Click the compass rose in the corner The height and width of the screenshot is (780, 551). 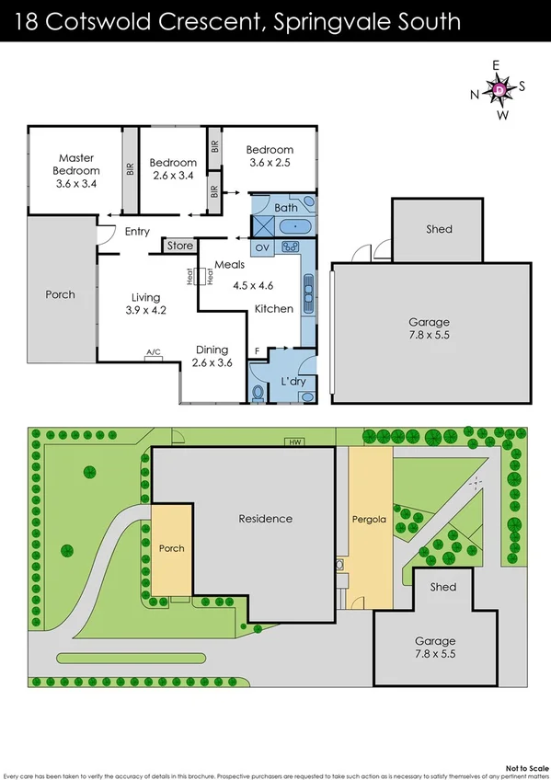(499, 89)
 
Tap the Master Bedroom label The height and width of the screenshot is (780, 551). (75, 164)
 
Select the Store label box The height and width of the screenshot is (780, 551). (180, 246)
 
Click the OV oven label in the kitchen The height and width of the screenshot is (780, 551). (261, 247)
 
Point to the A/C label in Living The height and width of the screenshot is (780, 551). (153, 351)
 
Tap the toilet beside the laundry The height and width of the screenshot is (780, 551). (258, 395)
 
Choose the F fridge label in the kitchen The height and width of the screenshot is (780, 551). (258, 351)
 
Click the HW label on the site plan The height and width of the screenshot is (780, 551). (294, 442)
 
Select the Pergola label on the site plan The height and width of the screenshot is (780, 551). (366, 519)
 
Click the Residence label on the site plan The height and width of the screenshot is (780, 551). (265, 519)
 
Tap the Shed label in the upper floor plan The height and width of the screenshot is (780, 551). (439, 229)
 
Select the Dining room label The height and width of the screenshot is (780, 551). (212, 350)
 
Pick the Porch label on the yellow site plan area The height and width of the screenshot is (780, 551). (172, 548)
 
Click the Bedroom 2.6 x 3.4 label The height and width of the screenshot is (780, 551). (173, 168)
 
